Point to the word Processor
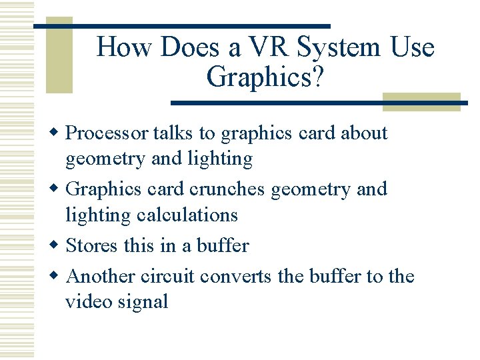[107, 133]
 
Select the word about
[364, 133]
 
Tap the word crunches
[228, 189]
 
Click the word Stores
[93, 246]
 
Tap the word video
[87, 302]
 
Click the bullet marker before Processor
[57, 133]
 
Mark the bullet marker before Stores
[57, 246]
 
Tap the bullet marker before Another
[57, 276]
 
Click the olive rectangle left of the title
[59, 57]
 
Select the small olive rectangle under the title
[421, 101]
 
